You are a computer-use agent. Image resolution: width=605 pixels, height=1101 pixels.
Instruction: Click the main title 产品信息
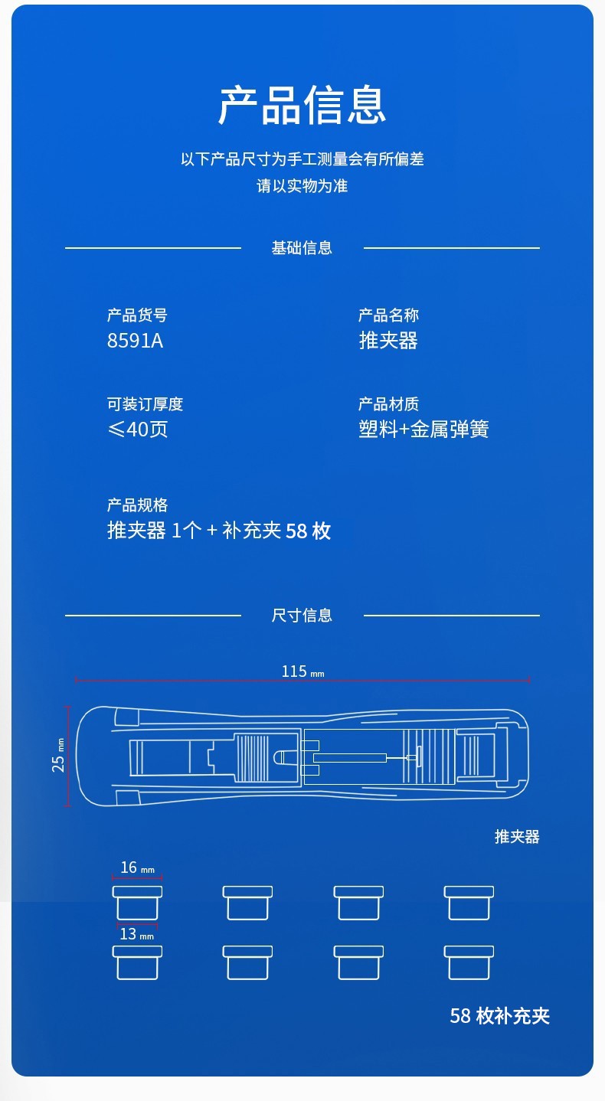pos(302,105)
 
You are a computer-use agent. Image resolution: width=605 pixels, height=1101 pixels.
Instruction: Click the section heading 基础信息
pos(302,248)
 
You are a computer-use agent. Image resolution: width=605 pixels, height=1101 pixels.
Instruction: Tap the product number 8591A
pos(135,341)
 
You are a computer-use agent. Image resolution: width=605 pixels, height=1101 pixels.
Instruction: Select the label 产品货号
pos(137,315)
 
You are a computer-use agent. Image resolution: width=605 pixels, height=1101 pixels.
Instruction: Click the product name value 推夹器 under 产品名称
pos(388,341)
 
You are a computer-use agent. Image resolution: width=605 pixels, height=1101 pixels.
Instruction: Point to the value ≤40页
pos(137,430)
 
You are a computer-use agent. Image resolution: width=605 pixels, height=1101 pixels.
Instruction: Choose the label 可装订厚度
pos(145,404)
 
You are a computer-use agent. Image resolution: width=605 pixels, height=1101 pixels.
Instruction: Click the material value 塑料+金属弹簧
pos(423,430)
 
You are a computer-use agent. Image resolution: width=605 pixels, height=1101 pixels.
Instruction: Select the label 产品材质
pos(388,404)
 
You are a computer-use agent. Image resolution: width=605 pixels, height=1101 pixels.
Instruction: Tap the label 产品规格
pos(137,505)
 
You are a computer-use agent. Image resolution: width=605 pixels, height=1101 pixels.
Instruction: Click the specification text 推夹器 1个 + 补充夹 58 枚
pos(219,531)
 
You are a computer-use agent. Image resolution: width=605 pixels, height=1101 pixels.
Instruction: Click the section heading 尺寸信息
pos(302,616)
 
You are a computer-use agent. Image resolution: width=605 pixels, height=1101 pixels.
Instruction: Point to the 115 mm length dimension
pos(302,672)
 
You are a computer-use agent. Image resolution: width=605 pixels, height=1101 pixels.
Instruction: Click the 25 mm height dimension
pos(58,755)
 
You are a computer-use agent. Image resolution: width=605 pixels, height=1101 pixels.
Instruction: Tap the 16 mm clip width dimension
pos(137,867)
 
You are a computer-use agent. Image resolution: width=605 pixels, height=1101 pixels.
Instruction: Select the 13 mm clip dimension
pos(136,934)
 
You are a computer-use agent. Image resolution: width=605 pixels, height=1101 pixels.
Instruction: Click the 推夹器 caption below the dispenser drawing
pos(517,837)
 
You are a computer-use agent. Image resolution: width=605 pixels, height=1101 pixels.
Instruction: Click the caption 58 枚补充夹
pos(499,1016)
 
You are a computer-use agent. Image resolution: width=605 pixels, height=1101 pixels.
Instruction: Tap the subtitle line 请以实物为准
pos(302,186)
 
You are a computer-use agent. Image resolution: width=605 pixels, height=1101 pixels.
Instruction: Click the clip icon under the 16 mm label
pos(137,903)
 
